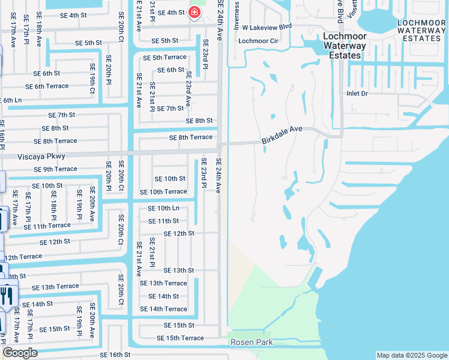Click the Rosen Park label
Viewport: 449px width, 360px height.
[x=252, y=342]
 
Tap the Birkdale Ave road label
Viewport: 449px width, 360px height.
[x=282, y=134]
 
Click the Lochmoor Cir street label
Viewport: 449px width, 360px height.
[x=258, y=41]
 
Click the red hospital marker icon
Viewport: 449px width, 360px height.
[x=194, y=12]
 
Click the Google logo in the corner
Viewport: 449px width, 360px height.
[x=19, y=353]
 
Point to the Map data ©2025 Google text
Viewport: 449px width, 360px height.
[x=411, y=355]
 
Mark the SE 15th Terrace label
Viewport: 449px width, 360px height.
[x=180, y=338]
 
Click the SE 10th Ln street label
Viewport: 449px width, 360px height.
[x=163, y=208]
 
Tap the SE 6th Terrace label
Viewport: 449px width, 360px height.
[x=52, y=86]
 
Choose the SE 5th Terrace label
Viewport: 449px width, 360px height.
[x=164, y=58]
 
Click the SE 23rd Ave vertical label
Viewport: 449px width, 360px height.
[x=188, y=89]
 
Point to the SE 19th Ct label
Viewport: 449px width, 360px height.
[x=92, y=84]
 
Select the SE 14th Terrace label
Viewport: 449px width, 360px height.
[x=163, y=309]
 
